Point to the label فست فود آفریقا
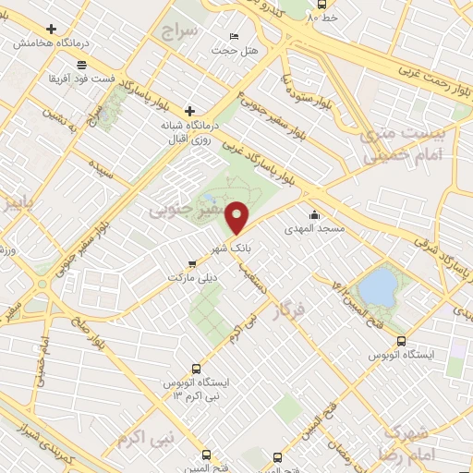pos(109,79)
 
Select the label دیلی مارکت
pos(188,277)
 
